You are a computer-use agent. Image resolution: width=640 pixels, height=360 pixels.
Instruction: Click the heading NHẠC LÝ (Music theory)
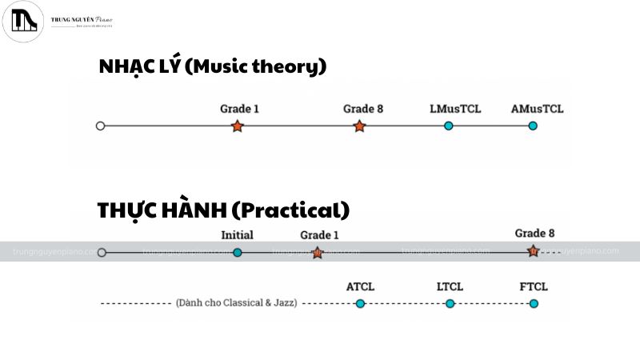(212, 66)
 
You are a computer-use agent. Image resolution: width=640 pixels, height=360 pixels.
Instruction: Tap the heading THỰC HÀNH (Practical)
(223, 210)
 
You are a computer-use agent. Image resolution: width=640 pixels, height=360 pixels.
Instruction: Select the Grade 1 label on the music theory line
(239, 109)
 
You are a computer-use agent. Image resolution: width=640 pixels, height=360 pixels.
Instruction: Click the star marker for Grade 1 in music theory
(237, 126)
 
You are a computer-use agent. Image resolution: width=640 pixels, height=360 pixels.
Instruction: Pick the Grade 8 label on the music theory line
(363, 109)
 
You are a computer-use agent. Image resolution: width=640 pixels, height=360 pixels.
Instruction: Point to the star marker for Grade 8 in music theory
(359, 126)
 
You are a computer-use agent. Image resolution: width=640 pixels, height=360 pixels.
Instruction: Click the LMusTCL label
(455, 109)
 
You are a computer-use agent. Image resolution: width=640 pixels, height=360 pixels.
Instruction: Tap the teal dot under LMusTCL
(449, 126)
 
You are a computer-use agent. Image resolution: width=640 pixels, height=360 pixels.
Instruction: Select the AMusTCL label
(537, 109)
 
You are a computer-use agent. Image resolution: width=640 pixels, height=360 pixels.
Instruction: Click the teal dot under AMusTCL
(533, 126)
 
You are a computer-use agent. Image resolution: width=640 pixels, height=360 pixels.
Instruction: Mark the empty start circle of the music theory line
(100, 126)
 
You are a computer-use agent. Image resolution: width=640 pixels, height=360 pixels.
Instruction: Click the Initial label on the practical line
(237, 235)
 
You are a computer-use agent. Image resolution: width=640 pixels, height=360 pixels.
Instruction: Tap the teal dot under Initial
(237, 252)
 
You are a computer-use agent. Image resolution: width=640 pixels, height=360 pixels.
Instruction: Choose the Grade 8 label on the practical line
(534, 234)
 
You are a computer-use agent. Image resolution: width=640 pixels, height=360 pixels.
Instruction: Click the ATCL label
(360, 286)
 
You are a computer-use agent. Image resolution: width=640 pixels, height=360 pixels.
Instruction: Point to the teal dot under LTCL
(450, 303)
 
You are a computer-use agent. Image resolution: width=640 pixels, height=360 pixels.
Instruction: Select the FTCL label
(534, 286)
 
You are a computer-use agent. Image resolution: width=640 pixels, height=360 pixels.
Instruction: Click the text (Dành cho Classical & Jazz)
(236, 303)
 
